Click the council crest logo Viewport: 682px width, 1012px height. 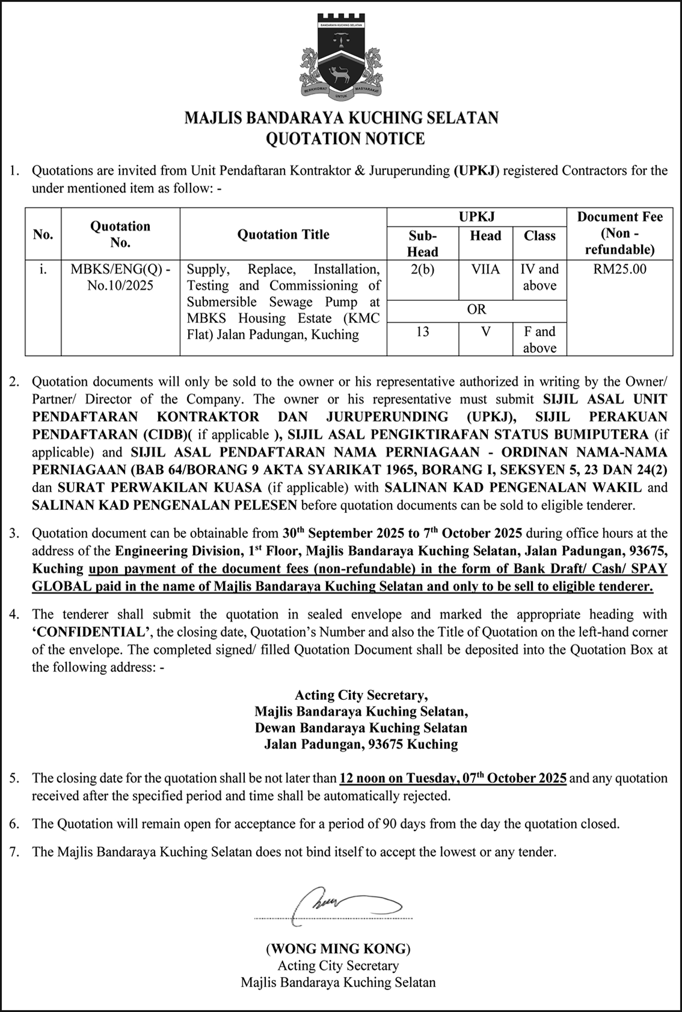(x=341, y=57)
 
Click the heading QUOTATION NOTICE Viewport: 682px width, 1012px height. (x=345, y=138)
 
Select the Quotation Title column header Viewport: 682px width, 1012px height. (x=283, y=234)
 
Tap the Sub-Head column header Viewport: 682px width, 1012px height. (x=422, y=243)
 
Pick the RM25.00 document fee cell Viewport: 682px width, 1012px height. (x=620, y=269)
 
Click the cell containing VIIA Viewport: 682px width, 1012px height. (x=485, y=270)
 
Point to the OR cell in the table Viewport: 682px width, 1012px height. (x=476, y=310)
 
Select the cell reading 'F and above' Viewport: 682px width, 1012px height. (x=539, y=340)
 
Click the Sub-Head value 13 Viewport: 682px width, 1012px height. (x=422, y=332)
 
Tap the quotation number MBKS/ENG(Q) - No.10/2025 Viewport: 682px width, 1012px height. (x=120, y=277)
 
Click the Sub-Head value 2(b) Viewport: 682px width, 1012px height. (x=422, y=270)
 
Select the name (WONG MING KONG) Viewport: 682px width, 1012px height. (x=338, y=949)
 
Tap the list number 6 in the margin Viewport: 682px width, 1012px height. (x=14, y=824)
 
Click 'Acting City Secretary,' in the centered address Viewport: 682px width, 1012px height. (x=361, y=695)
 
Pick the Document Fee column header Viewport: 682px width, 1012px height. (x=620, y=233)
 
